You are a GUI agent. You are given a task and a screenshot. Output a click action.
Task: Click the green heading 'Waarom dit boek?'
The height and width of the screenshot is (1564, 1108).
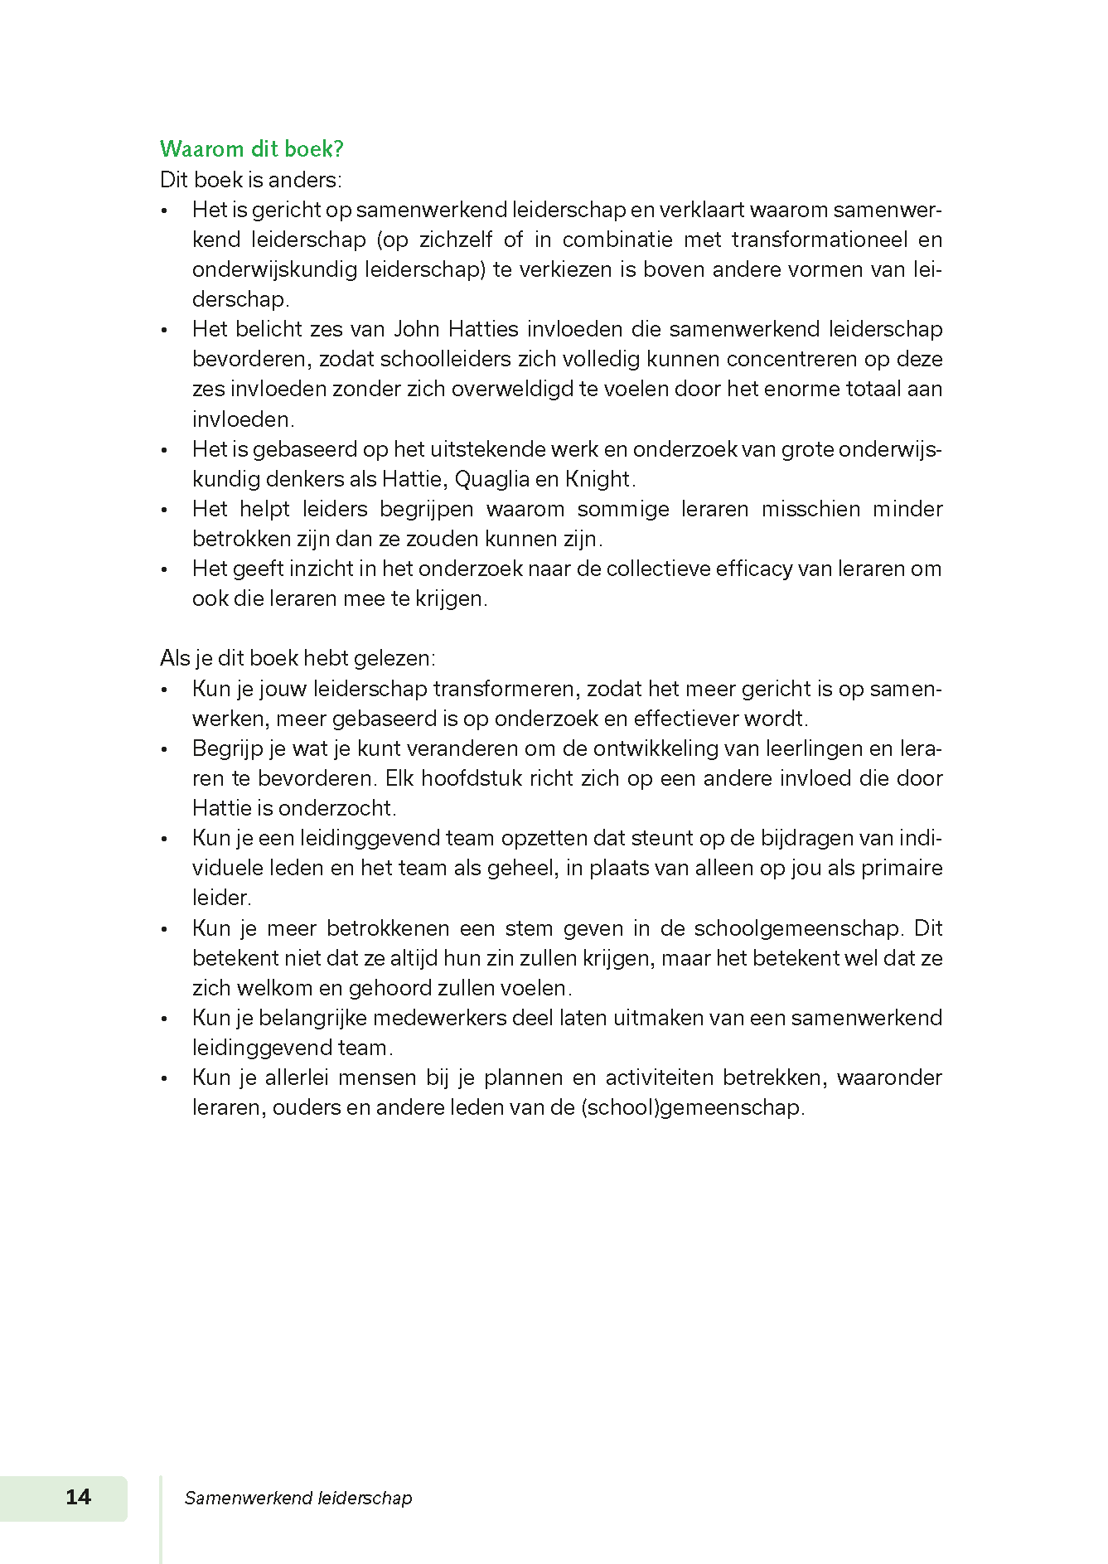(x=251, y=149)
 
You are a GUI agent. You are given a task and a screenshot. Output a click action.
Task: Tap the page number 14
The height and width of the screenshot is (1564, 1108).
(x=78, y=1496)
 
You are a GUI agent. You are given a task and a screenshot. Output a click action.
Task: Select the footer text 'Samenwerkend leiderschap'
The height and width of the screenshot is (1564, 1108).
(x=298, y=1498)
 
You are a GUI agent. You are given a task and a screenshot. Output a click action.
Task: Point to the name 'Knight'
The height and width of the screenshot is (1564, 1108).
(x=598, y=480)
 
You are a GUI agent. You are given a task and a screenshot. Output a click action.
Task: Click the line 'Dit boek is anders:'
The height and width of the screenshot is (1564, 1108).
(x=250, y=180)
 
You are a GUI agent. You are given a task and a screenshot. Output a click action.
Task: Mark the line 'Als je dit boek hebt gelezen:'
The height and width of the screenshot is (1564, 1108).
(x=298, y=658)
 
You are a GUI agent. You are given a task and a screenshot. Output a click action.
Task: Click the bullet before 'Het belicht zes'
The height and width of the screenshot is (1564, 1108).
(x=165, y=331)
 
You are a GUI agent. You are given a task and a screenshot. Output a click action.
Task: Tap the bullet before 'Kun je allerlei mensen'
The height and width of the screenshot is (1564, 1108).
(x=165, y=1079)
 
